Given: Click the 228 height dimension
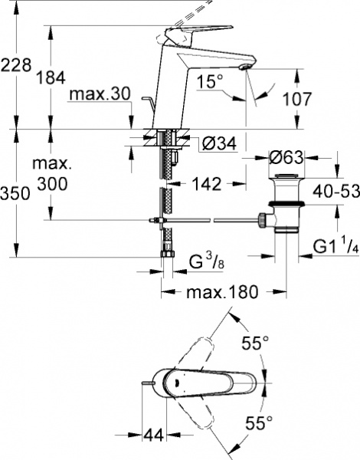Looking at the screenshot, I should click(x=17, y=67).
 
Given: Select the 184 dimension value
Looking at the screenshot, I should click(x=50, y=78).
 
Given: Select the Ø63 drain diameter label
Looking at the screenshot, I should click(x=288, y=158).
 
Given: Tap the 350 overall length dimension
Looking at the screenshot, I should click(x=15, y=194).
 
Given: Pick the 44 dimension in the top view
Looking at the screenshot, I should click(x=155, y=435).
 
